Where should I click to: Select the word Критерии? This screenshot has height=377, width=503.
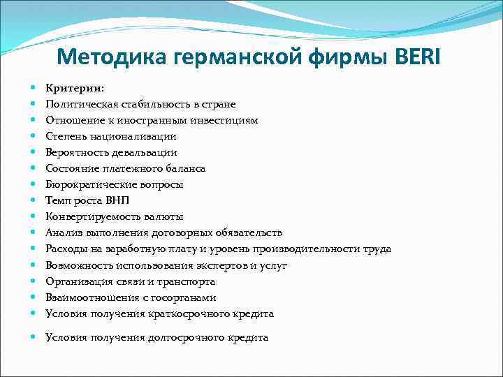coord(74,88)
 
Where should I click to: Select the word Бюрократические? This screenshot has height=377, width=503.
coord(89,184)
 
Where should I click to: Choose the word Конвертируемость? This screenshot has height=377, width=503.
coord(89,216)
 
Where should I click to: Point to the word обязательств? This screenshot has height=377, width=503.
coord(247,232)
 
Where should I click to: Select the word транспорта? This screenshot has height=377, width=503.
coord(188,281)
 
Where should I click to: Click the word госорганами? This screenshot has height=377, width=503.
coord(167,297)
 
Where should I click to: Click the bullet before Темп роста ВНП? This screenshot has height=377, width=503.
coord(34,200)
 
